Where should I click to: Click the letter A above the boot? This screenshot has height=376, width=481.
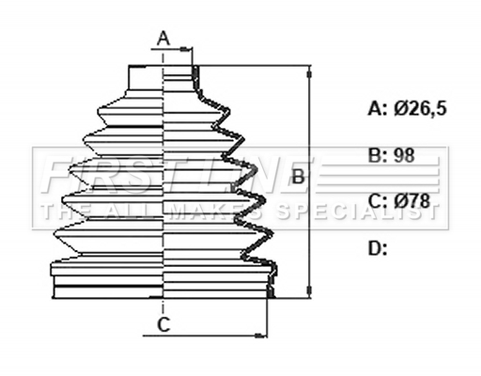(163, 39)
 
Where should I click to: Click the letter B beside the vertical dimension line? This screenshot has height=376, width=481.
(298, 176)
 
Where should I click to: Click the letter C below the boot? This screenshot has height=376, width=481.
(163, 324)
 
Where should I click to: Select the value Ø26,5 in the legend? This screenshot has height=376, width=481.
(420, 109)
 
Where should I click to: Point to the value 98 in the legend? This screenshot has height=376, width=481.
(404, 155)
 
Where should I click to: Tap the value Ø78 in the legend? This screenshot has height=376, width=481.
(412, 201)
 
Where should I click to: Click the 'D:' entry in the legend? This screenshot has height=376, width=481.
(378, 248)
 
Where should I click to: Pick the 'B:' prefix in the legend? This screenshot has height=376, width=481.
(378, 155)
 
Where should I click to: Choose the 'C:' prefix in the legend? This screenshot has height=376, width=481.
(378, 201)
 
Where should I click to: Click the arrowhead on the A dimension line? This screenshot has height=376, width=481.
(185, 49)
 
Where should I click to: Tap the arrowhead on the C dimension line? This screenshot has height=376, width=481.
(260, 336)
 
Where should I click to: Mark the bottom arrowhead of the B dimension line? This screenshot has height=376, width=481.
(309, 290)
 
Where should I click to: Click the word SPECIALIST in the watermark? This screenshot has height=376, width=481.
(357, 211)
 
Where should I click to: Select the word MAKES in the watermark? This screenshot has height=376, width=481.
(218, 211)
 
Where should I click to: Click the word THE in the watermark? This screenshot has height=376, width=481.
(64, 211)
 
